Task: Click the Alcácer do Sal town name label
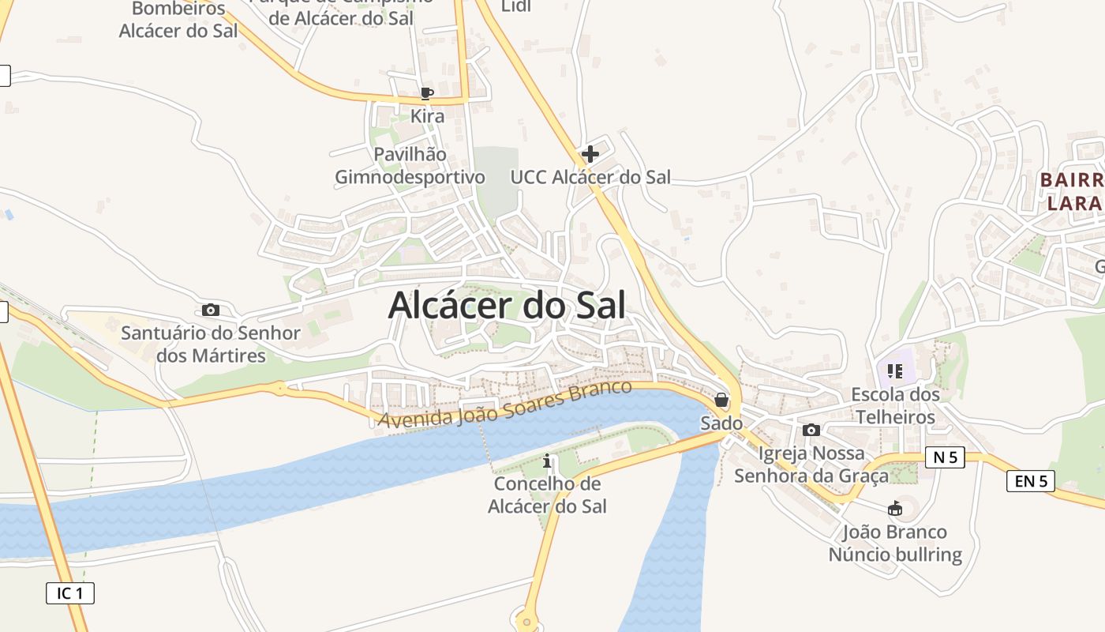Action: click(x=507, y=306)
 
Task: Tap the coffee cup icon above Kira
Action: click(x=427, y=93)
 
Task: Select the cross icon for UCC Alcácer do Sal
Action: click(x=590, y=153)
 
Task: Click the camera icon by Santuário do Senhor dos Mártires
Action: click(x=211, y=310)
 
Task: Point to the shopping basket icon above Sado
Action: click(x=721, y=401)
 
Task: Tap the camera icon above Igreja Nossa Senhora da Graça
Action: click(x=811, y=431)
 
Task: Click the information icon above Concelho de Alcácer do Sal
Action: click(x=548, y=461)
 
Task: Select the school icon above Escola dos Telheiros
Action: click(x=894, y=371)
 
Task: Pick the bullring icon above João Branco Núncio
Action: click(x=894, y=509)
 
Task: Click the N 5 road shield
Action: click(x=945, y=457)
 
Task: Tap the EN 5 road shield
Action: click(x=1031, y=480)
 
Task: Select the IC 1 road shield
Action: click(x=70, y=592)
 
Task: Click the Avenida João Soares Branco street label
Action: click(x=505, y=404)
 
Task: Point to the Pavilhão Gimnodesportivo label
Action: click(x=410, y=165)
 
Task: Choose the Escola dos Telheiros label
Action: click(x=895, y=405)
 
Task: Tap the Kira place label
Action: click(x=427, y=116)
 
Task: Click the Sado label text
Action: click(x=721, y=423)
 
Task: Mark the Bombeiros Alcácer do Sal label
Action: click(x=172, y=20)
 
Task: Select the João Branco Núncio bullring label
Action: click(x=895, y=543)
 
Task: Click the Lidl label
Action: click(x=516, y=6)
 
